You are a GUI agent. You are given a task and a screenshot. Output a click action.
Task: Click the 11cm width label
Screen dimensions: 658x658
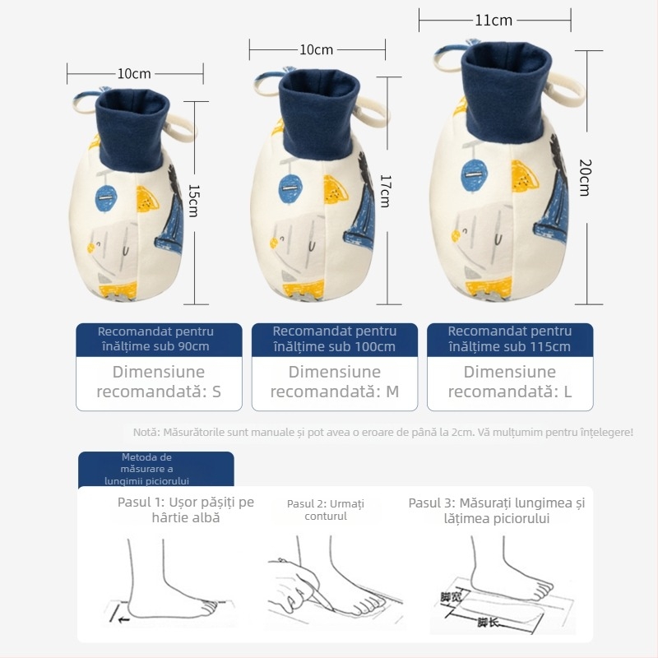(493, 21)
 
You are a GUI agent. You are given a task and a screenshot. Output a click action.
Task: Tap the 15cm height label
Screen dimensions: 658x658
(194, 200)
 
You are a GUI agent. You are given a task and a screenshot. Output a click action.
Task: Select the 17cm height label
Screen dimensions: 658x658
(384, 190)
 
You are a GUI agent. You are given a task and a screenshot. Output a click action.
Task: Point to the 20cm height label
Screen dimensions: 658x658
(585, 177)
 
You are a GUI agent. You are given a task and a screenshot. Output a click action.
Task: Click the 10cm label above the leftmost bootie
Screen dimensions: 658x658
(133, 73)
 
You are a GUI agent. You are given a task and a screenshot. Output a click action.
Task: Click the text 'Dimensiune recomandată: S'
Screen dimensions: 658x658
(159, 382)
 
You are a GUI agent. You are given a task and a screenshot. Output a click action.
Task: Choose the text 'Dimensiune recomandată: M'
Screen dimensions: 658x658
(334, 382)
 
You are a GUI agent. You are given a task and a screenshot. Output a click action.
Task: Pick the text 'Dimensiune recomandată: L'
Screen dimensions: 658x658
(509, 382)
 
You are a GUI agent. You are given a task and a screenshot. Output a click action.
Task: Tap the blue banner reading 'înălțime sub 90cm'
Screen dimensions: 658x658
(159, 339)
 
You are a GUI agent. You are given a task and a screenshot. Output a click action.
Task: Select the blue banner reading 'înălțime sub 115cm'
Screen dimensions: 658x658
(509, 339)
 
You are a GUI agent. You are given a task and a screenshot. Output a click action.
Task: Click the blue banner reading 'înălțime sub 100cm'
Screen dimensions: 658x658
(334, 339)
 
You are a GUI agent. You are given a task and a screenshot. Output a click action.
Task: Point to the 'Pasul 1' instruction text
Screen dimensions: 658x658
(185, 510)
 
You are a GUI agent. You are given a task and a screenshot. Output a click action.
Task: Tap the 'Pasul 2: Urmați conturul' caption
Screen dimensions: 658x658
(326, 510)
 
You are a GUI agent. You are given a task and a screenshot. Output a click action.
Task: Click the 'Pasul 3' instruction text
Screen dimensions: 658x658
(496, 510)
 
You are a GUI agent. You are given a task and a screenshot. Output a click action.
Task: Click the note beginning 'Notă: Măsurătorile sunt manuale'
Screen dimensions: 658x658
(383, 432)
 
